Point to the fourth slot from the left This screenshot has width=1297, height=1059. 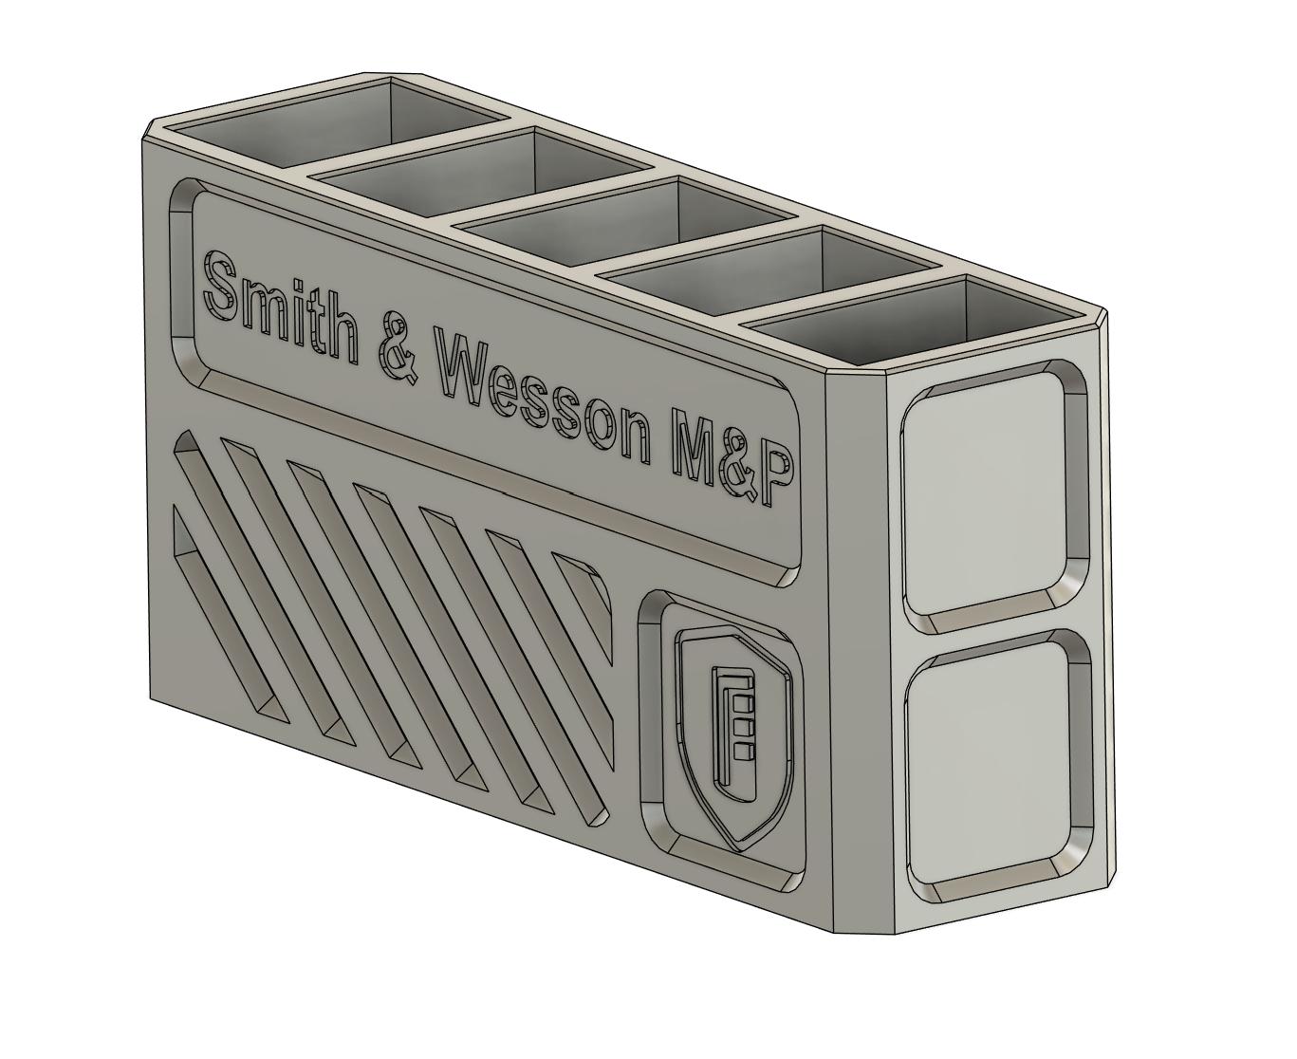[750, 270]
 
